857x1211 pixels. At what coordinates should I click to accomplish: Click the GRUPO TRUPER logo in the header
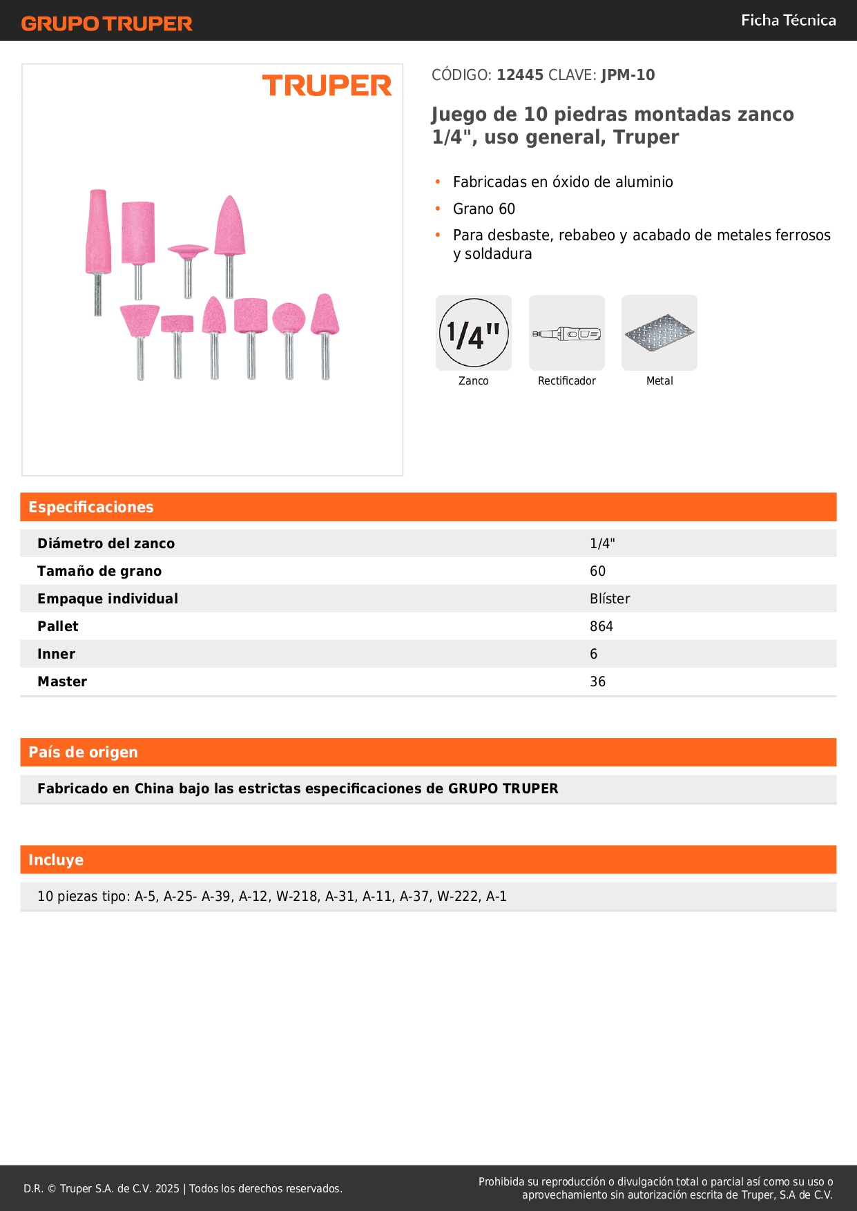click(x=106, y=23)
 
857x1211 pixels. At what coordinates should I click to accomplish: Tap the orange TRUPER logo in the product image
click(x=327, y=86)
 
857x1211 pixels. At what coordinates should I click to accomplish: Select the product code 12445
click(x=520, y=75)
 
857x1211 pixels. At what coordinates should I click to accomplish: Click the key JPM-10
click(x=628, y=75)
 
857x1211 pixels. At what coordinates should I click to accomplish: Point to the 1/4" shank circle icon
click(x=474, y=333)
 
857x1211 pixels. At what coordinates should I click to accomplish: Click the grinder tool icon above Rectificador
click(x=566, y=333)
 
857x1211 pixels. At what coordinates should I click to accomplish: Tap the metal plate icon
click(x=659, y=333)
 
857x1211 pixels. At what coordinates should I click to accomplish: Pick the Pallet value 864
click(x=601, y=626)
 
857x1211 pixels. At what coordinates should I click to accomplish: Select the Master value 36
click(x=597, y=681)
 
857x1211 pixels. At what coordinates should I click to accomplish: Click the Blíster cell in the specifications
click(x=610, y=599)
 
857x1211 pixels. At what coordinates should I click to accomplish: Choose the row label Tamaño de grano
click(x=99, y=571)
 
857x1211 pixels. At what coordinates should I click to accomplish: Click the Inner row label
click(x=56, y=654)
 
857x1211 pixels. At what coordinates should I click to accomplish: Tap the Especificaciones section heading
click(x=91, y=507)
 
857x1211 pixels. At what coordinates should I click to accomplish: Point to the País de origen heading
click(x=83, y=753)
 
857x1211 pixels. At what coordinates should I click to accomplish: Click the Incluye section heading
click(x=56, y=860)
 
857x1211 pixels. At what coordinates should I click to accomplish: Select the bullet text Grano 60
click(x=484, y=209)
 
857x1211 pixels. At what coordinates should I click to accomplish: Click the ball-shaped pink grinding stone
click(x=289, y=318)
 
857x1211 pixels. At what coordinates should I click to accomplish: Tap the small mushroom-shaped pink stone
click(x=188, y=250)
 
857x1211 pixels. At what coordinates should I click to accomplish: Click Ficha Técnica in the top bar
click(x=788, y=21)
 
